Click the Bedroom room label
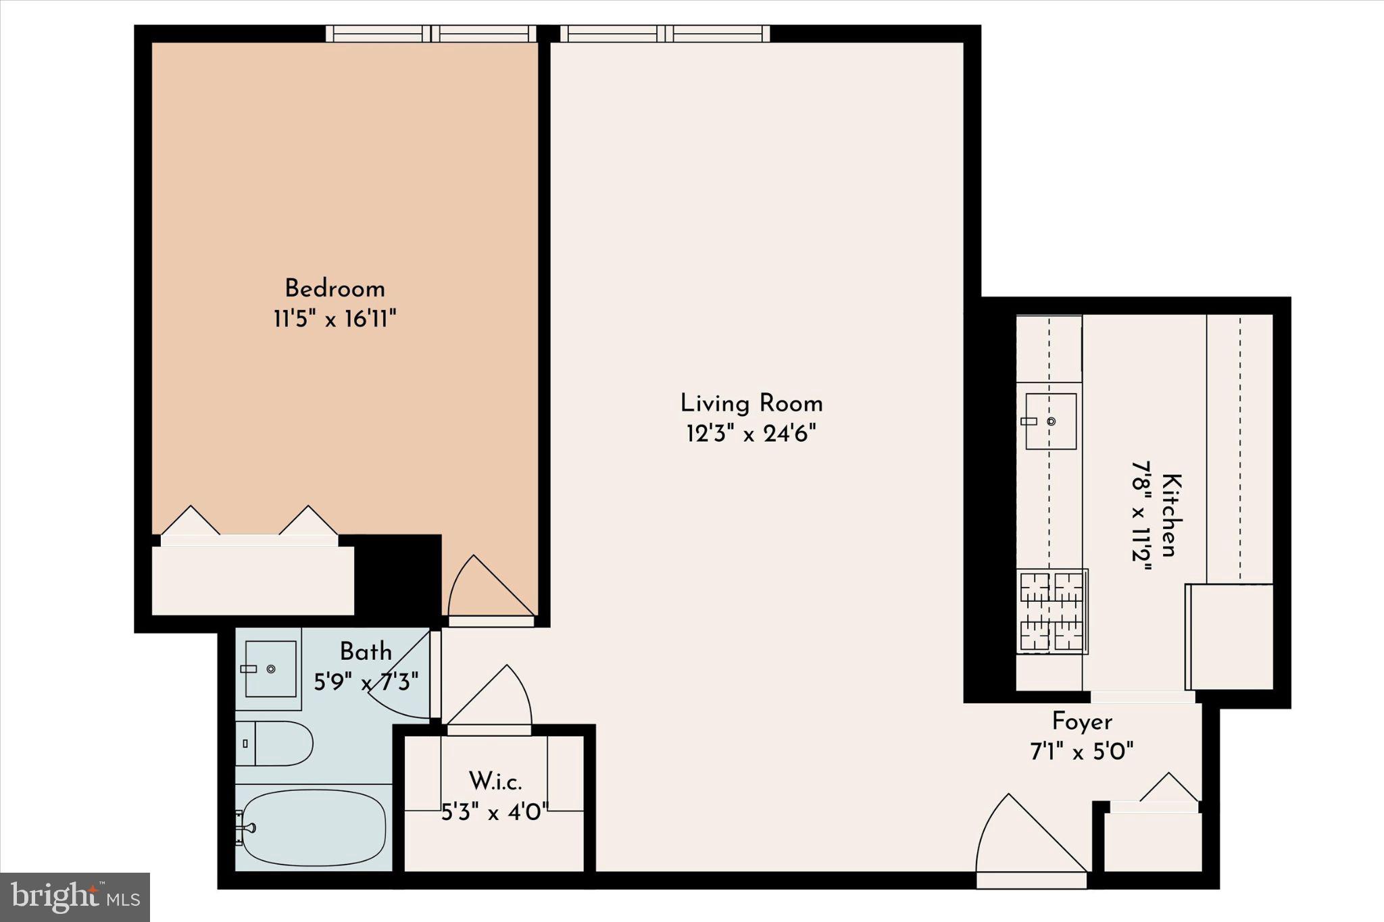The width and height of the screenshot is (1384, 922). tap(335, 289)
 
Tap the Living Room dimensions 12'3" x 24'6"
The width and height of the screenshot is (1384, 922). tap(751, 434)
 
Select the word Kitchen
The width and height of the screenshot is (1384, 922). tap(1172, 515)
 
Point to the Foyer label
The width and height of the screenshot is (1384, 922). tap(1081, 722)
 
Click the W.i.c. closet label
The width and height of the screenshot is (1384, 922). tap(495, 782)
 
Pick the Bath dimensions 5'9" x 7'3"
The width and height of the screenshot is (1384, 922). tap(366, 681)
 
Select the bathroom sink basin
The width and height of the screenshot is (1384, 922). tap(270, 669)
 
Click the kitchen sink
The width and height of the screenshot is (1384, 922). tap(1050, 421)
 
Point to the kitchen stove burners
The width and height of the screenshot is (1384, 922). tap(1052, 611)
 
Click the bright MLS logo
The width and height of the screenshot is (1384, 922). tap(75, 897)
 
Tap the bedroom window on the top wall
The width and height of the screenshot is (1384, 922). tap(430, 34)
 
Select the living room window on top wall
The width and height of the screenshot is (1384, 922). tap(665, 34)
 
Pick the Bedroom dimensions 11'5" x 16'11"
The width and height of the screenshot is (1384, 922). tap(335, 319)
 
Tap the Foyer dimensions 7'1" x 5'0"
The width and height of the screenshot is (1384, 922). tap(1081, 751)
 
